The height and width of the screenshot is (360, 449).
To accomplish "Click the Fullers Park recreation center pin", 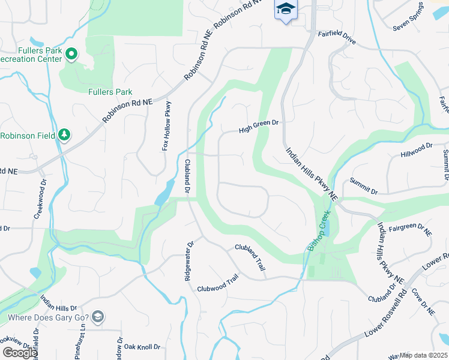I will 71,55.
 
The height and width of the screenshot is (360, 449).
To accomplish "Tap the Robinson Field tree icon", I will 64,135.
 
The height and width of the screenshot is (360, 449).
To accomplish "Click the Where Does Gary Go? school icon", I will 98,317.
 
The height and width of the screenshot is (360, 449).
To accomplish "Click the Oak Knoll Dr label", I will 142,346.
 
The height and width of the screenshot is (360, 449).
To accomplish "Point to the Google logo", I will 20,353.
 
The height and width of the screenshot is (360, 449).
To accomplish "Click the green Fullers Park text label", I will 110,92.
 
